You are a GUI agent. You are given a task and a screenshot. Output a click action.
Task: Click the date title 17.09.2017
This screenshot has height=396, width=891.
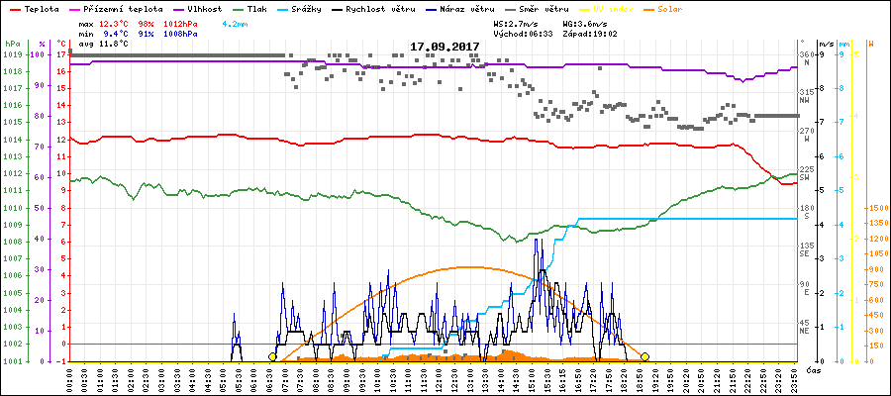click(x=445, y=47)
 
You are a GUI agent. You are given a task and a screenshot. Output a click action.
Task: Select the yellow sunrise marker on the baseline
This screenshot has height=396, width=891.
click(x=272, y=356)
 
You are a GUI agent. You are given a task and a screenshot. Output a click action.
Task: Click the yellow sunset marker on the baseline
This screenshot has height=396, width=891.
click(x=645, y=356)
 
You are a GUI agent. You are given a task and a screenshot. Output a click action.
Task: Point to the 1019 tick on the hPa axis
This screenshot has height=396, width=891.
click(x=11, y=54)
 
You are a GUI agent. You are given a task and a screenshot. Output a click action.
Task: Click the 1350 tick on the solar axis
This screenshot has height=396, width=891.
click(x=877, y=225)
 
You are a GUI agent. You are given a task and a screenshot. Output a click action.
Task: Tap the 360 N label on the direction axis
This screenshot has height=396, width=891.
click(x=806, y=57)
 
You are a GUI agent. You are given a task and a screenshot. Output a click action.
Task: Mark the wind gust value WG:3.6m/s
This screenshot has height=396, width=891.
click(x=583, y=23)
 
